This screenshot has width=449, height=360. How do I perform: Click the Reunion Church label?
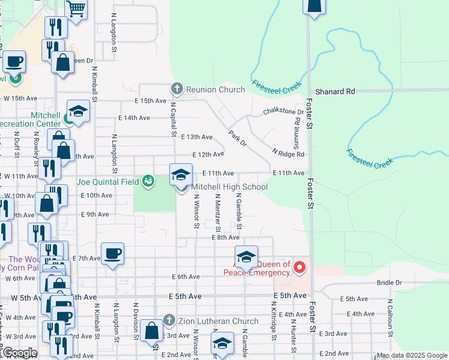coord(215,89)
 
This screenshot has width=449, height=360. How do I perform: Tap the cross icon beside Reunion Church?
coord(176,89)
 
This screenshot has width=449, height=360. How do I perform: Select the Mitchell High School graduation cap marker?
coord(181,175)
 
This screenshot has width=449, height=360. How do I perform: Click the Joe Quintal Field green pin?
coord(148,180)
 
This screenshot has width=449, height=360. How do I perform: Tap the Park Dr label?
coord(237,138)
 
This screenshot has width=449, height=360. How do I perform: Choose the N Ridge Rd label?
coord(288,154)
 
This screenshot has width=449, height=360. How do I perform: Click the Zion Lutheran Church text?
coord(218,321)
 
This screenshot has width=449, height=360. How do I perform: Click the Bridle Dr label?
coord(390,282)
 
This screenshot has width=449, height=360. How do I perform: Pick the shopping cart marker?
coord(76,10)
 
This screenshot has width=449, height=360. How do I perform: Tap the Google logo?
coord(19,353)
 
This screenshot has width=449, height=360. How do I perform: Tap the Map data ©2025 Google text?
coord(412,355)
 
